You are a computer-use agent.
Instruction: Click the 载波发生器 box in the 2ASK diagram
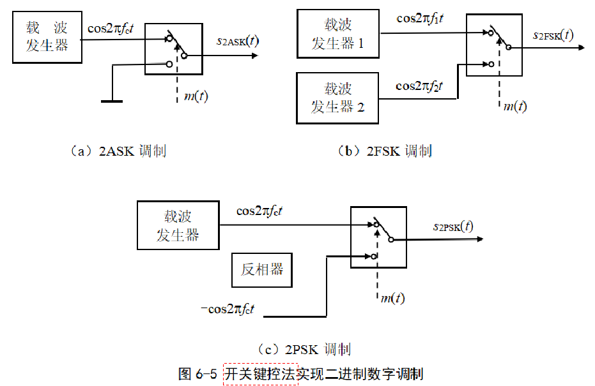tap(47, 37)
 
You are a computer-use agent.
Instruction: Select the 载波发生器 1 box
tap(338, 34)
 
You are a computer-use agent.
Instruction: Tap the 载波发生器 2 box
tap(338, 98)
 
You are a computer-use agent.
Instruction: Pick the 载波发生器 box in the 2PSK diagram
tap(178, 225)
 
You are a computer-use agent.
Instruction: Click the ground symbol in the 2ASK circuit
tap(112, 100)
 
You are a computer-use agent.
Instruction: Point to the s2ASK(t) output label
tap(238, 42)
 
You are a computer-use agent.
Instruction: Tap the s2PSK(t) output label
tap(453, 226)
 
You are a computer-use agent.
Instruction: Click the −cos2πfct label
tap(228, 309)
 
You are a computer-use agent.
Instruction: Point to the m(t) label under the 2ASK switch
tap(196, 96)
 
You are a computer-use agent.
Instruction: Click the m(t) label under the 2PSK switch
tap(392, 297)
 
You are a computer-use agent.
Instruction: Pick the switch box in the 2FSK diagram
tap(495, 45)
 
